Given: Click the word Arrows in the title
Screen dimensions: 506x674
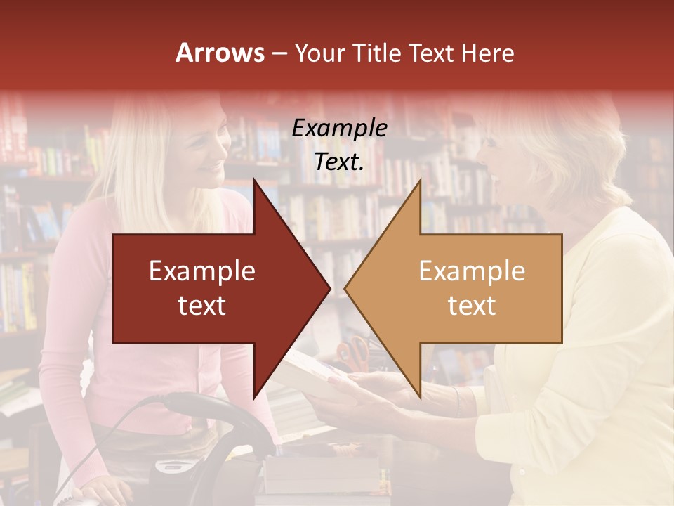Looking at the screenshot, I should [220, 53].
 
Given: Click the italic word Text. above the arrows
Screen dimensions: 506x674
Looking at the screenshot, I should [339, 162].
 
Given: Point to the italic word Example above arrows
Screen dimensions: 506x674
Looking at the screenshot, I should [339, 128].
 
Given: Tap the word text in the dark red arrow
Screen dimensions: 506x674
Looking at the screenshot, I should [201, 306].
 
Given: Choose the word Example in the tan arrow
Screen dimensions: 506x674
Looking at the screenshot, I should [472, 271].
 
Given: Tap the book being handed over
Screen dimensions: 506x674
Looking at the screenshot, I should [309, 372].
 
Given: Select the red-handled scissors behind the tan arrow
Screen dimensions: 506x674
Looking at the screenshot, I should [355, 351].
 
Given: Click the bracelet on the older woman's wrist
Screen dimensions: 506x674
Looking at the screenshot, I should [456, 401].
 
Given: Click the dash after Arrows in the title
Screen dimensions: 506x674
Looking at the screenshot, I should [279, 53].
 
